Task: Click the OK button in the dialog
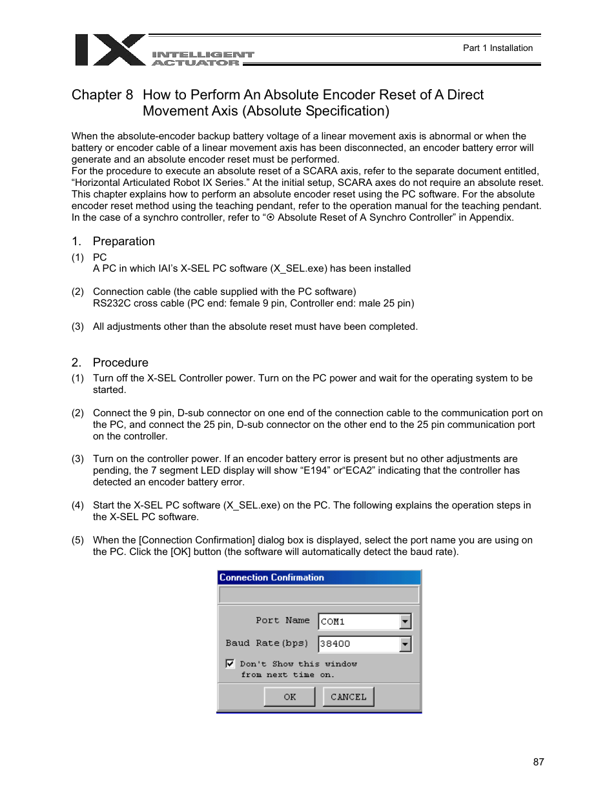[x=289, y=697]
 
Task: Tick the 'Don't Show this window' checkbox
[x=230, y=663]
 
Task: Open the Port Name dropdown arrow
[x=405, y=621]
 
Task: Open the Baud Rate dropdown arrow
[x=405, y=644]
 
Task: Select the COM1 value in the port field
[x=333, y=621]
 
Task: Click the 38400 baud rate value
[x=335, y=644]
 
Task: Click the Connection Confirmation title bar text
[x=272, y=578]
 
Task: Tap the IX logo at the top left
[x=110, y=50]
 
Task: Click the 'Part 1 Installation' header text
[x=498, y=48]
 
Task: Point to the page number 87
[x=539, y=762]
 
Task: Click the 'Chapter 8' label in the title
[x=102, y=95]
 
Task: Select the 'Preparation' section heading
[x=124, y=241]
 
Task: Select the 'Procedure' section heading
[x=121, y=363]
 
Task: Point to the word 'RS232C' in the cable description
[x=111, y=303]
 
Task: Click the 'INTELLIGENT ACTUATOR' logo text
[x=203, y=59]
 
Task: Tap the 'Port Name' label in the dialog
[x=282, y=620]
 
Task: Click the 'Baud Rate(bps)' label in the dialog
[x=267, y=643]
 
